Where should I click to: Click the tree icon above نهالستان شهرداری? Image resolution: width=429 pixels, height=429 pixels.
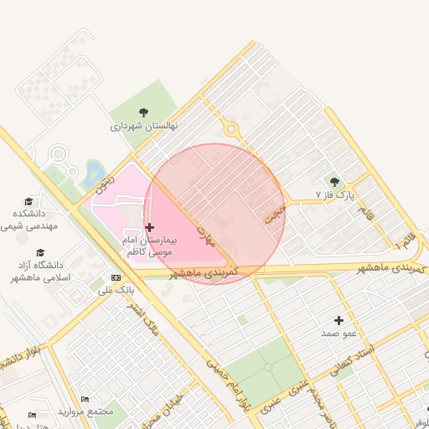point(143,111)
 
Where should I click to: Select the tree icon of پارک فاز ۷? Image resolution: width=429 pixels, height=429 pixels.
point(334,182)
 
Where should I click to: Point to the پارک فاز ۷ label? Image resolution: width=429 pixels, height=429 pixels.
point(335,195)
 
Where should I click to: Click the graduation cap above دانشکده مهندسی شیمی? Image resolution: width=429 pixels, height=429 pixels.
point(28,201)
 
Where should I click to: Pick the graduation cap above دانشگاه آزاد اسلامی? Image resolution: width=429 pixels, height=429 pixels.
point(39,252)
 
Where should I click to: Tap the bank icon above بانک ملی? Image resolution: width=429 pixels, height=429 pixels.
point(115,277)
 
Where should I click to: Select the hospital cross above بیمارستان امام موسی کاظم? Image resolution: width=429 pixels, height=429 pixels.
point(149,227)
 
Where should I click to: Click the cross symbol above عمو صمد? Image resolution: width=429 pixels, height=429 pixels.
point(339,320)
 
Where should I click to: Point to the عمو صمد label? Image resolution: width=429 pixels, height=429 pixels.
point(339,333)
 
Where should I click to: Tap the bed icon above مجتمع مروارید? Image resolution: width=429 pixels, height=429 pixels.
point(84,399)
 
